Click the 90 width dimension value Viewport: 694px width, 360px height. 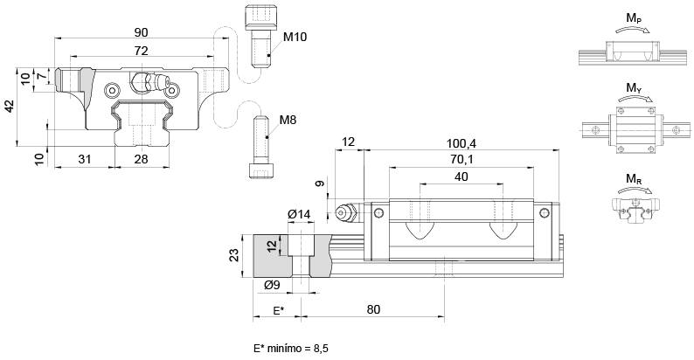click(141, 31)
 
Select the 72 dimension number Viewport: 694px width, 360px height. click(140, 52)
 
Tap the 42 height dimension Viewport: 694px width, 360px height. click(9, 106)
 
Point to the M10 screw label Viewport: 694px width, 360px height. click(295, 38)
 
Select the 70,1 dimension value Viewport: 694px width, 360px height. click(461, 159)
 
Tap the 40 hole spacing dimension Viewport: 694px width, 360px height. click(462, 177)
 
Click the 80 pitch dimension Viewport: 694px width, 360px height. click(373, 309)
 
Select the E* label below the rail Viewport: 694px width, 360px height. click(277, 310)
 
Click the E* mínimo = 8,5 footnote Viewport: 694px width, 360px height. click(291, 348)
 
